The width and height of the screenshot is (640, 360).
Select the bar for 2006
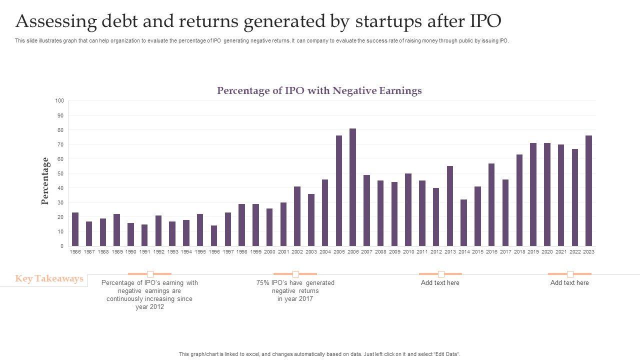coord(353,187)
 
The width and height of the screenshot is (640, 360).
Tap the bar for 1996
coord(214,236)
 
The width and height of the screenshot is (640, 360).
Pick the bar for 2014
coord(463,223)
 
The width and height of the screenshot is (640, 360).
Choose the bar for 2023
coord(588,191)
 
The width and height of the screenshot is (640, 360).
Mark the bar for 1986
coord(75,229)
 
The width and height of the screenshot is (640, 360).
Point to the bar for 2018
coord(519,200)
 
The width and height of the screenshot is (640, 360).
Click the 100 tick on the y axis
coord(59,101)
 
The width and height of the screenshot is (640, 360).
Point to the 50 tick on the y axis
coord(60,173)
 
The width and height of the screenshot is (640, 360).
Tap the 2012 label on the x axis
coord(436,252)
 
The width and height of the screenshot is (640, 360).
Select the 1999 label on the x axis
coord(255,252)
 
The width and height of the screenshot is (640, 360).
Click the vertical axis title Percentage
coord(45,181)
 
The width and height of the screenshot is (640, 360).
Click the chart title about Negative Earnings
coord(319,91)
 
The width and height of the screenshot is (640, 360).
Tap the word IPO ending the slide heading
coord(485,21)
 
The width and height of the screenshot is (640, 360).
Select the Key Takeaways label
coord(49,279)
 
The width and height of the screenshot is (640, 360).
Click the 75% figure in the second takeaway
coord(263,283)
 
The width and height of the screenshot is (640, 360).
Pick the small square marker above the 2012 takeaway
coord(150,274)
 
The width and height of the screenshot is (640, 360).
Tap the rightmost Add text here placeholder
coord(569,283)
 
